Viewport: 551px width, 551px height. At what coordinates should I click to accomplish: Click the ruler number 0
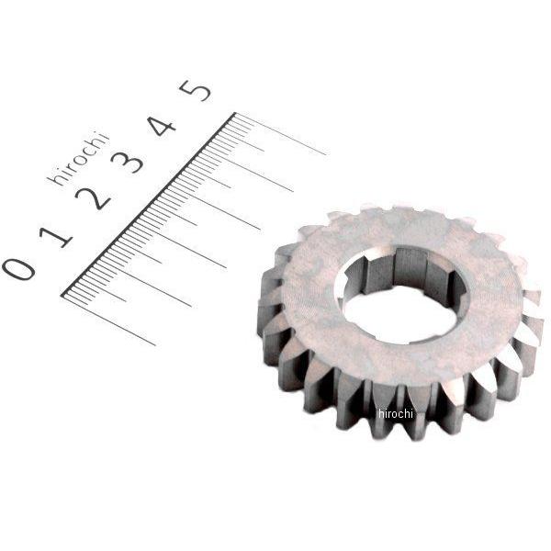pyautogui.click(x=18, y=269)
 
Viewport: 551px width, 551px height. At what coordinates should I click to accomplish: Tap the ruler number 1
pyautogui.click(x=56, y=237)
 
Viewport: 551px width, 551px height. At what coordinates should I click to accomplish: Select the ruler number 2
pyautogui.click(x=93, y=198)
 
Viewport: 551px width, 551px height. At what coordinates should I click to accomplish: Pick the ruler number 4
pyautogui.click(x=162, y=126)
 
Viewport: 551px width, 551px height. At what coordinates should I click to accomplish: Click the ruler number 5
pyautogui.click(x=196, y=91)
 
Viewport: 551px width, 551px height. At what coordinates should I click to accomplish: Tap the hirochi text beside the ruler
pyautogui.click(x=78, y=159)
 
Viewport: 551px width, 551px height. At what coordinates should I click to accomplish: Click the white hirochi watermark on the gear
pyautogui.click(x=395, y=413)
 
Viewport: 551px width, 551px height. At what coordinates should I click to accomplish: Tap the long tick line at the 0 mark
pyautogui.click(x=108, y=320)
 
